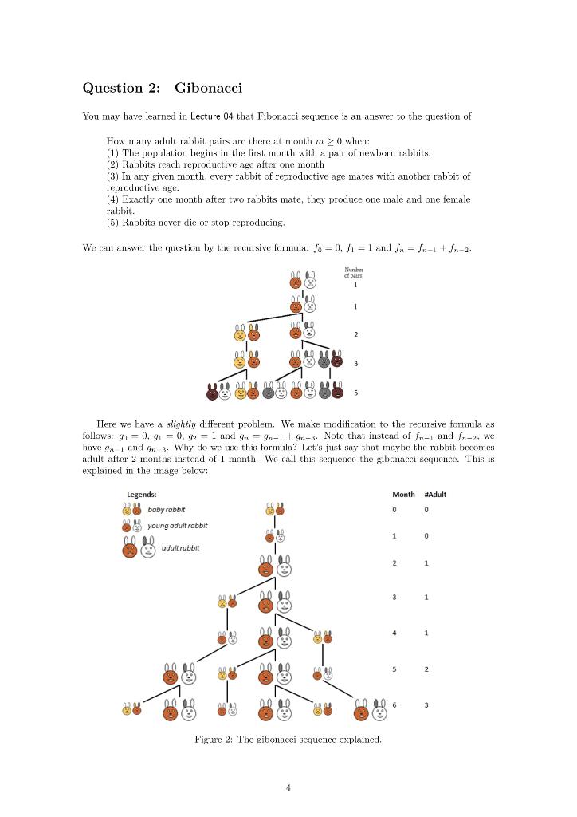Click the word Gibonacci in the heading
click(x=208, y=87)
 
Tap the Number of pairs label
click(x=355, y=273)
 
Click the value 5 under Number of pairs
click(x=355, y=393)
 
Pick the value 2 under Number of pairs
click(x=355, y=334)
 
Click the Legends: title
click(x=142, y=495)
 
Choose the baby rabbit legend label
click(x=166, y=509)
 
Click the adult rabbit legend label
click(x=180, y=547)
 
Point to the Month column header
click(x=404, y=495)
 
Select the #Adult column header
click(x=435, y=495)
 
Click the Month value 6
click(x=394, y=705)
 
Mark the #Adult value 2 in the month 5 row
click(x=426, y=669)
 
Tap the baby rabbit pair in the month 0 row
click(x=274, y=509)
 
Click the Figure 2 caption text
click(x=288, y=740)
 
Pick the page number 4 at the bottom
click(x=288, y=787)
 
